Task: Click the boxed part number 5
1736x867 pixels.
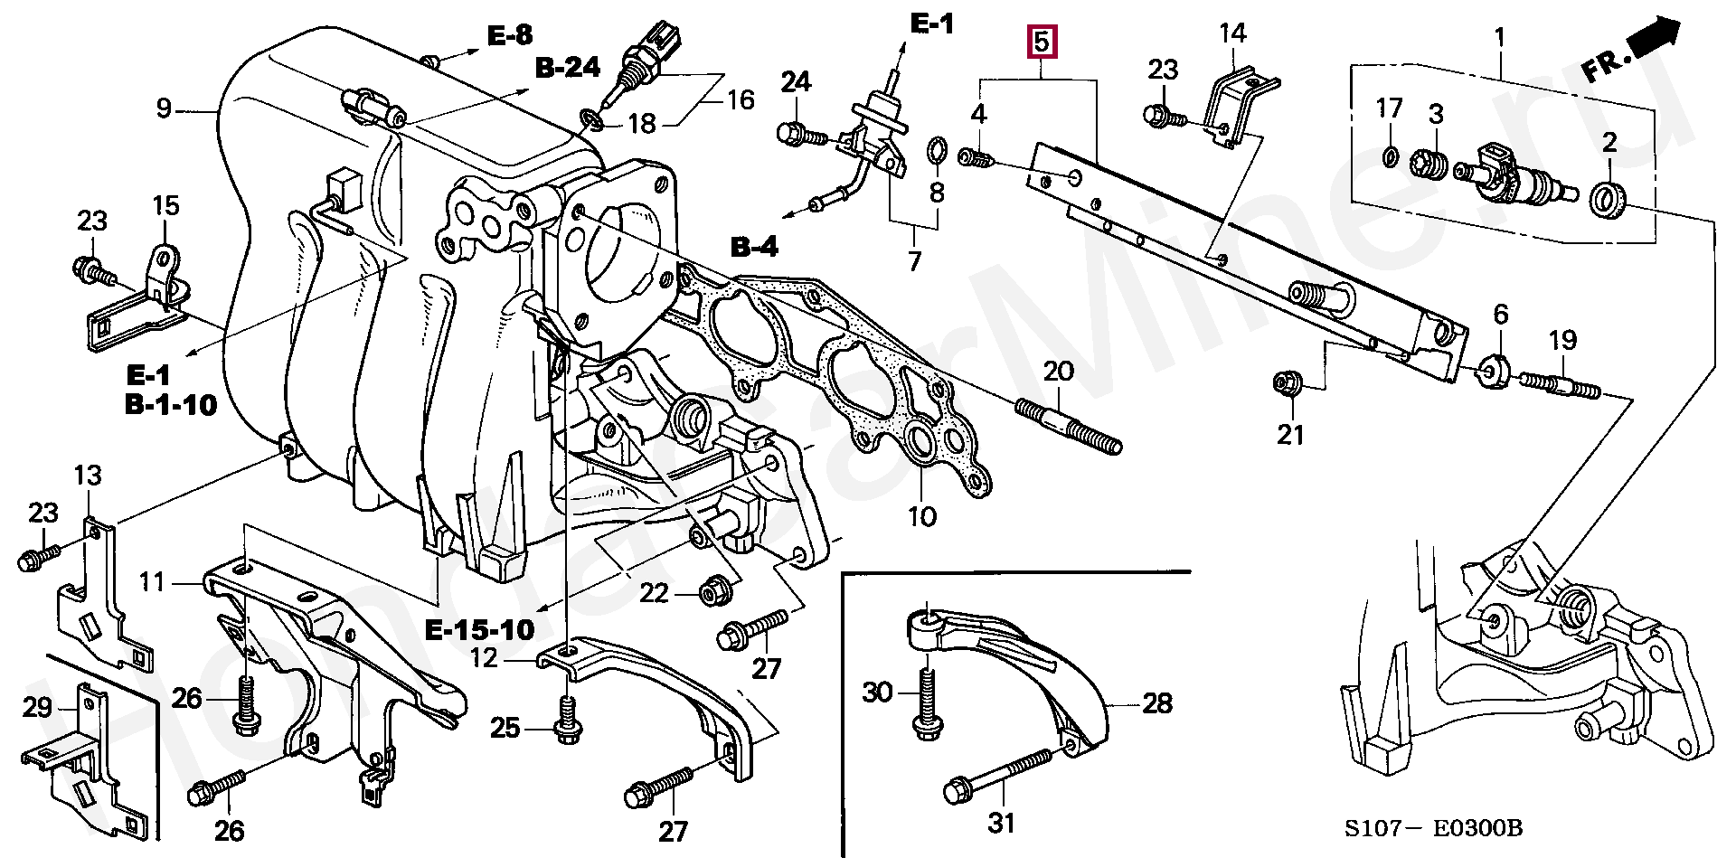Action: pos(1041,42)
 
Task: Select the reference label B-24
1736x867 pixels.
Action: pos(567,68)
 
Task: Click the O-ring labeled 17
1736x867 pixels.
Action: pos(1391,158)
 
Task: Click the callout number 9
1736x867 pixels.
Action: pos(163,109)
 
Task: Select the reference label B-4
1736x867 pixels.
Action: pos(754,246)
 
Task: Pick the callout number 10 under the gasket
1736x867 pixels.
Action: pos(922,517)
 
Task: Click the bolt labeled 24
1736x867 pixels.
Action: pos(801,136)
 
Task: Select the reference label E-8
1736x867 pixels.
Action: pos(510,35)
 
